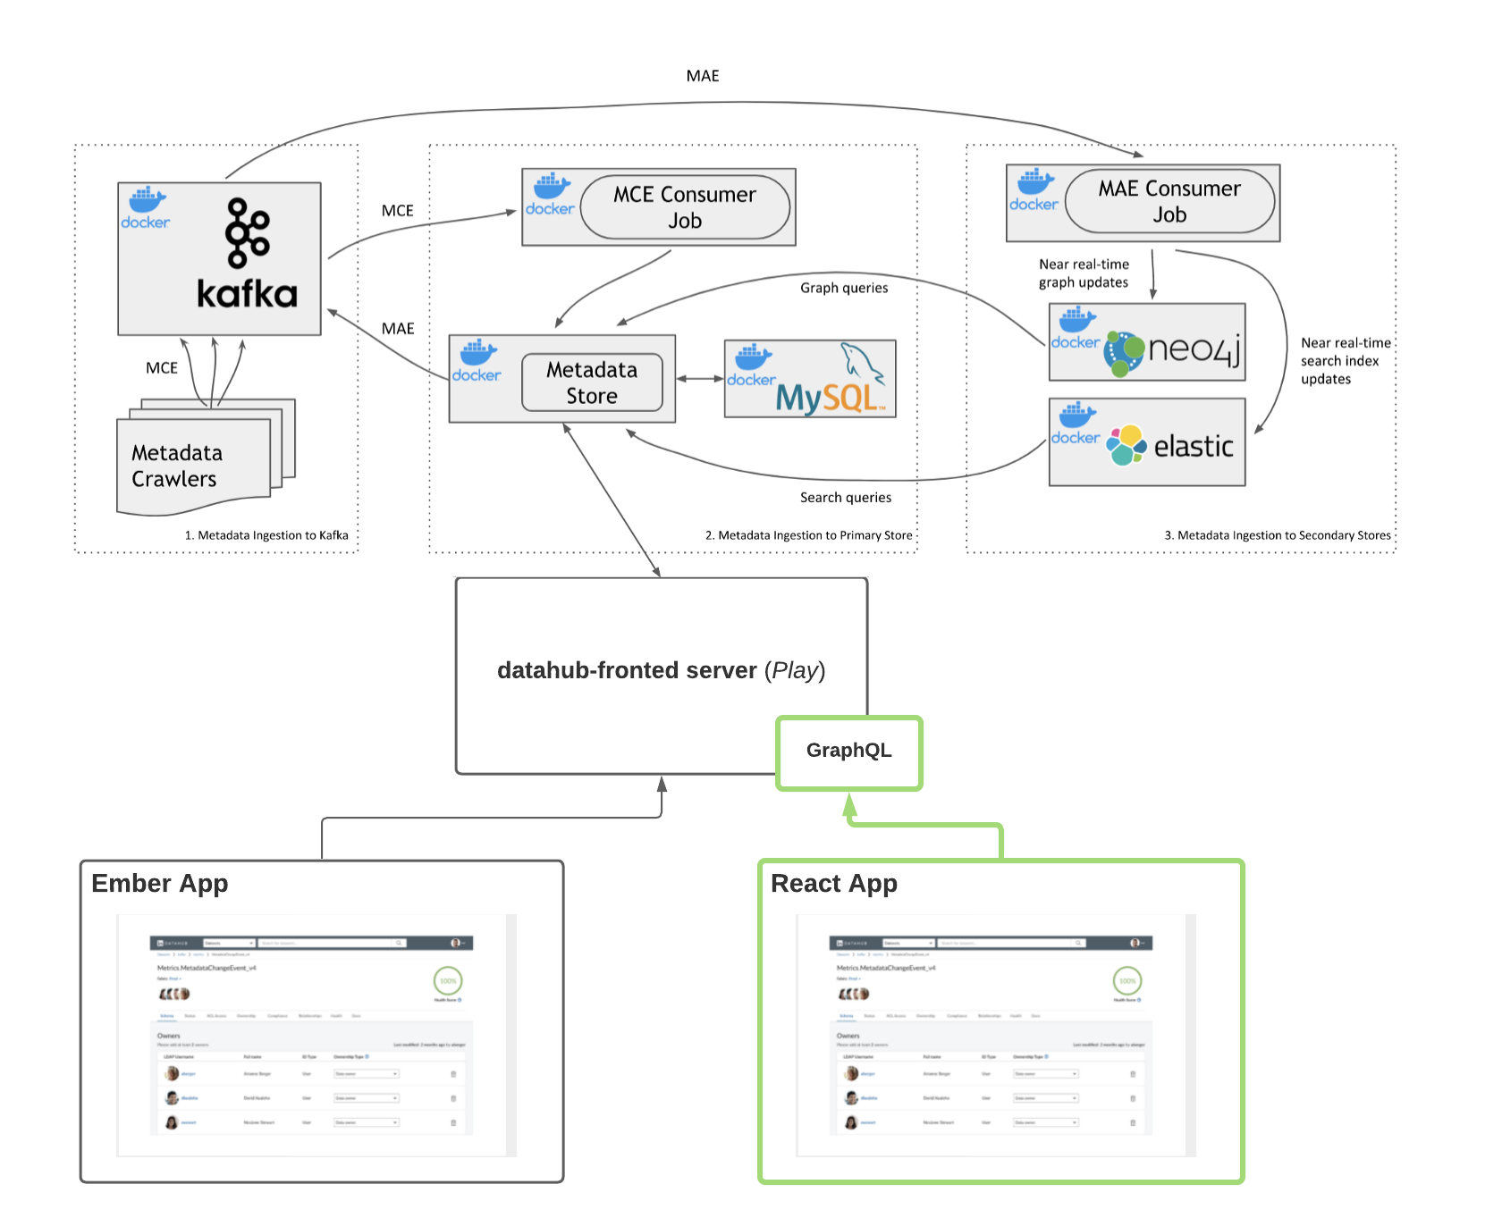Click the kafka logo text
[x=247, y=294]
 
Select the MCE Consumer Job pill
[x=685, y=207]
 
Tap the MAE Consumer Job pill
[x=1169, y=202]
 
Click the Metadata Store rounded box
[x=592, y=382]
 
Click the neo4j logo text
[x=1194, y=349]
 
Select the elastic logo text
[x=1194, y=446]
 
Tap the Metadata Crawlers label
[x=177, y=466]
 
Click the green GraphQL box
[x=848, y=751]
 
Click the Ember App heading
[x=160, y=883]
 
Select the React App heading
[x=833, y=883]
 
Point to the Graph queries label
[x=844, y=288]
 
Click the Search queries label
[x=845, y=498]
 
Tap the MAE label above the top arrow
[x=703, y=76]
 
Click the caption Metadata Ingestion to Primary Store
[x=809, y=535]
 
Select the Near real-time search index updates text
[x=1345, y=361]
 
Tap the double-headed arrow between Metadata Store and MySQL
[x=699, y=379]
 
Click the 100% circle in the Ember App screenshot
[x=448, y=980]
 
